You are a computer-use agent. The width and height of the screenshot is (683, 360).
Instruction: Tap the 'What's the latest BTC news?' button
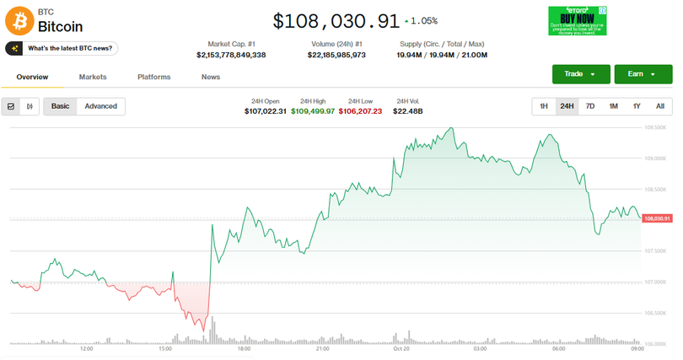pyautogui.click(x=61, y=49)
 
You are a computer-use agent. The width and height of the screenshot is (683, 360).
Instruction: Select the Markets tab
pyautogui.click(x=93, y=77)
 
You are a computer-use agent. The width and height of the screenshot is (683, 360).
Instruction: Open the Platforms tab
pyautogui.click(x=153, y=77)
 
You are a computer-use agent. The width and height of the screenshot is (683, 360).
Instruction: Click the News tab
pyautogui.click(x=211, y=77)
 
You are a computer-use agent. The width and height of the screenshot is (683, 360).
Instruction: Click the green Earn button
pyautogui.click(x=643, y=74)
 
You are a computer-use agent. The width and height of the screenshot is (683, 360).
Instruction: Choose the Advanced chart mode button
pyautogui.click(x=100, y=106)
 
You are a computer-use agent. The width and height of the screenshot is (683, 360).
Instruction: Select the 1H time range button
pyautogui.click(x=544, y=106)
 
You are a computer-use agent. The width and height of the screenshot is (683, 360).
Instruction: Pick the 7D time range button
pyautogui.click(x=590, y=106)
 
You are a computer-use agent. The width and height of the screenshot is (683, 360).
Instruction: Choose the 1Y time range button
pyautogui.click(x=637, y=106)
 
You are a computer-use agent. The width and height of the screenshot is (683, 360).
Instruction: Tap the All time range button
pyautogui.click(x=659, y=106)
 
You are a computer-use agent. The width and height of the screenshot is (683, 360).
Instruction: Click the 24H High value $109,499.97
pyautogui.click(x=313, y=111)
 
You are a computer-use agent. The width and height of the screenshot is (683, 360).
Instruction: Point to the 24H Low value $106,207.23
pyautogui.click(x=360, y=111)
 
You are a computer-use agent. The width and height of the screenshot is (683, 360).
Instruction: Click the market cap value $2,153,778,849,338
pyautogui.click(x=231, y=55)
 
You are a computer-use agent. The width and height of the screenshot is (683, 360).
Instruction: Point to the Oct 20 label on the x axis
pyautogui.click(x=401, y=348)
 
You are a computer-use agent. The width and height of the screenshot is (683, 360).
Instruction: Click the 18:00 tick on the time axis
pyautogui.click(x=244, y=348)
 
